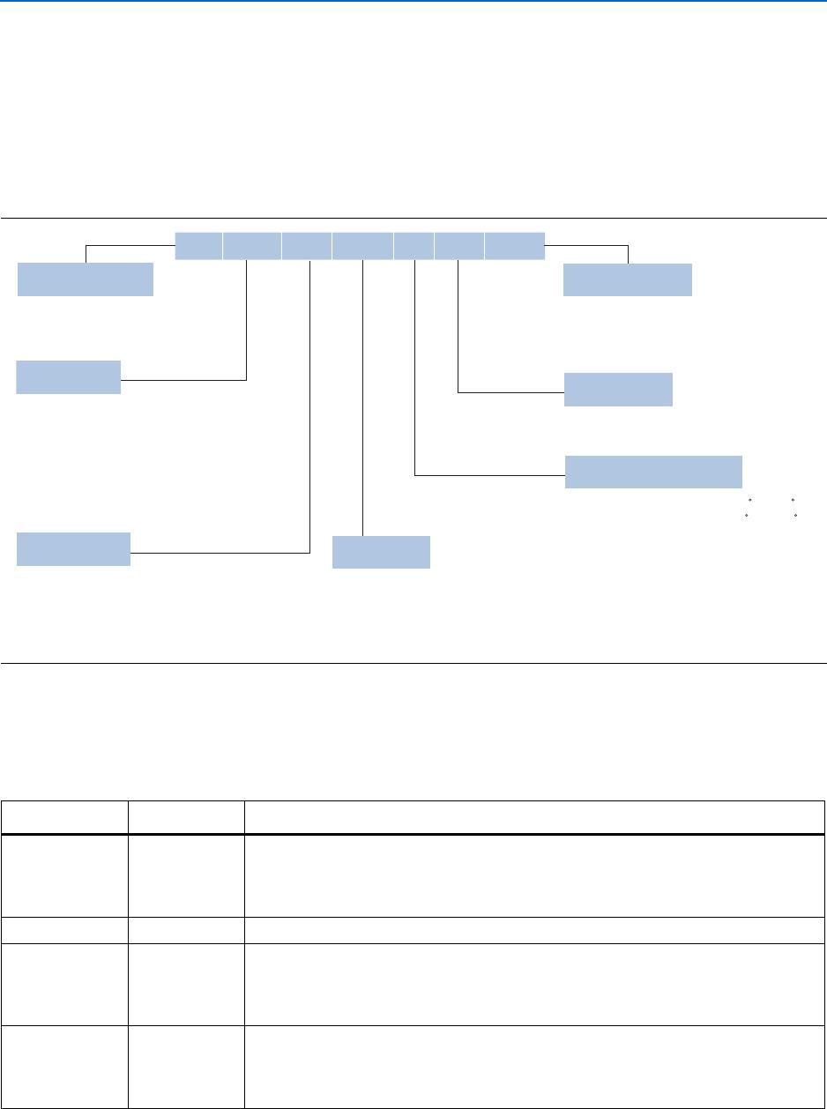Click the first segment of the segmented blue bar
(x=198, y=246)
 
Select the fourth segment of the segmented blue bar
(x=362, y=246)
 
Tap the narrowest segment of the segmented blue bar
(x=413, y=246)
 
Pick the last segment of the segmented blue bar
(x=515, y=246)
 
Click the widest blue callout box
(x=653, y=472)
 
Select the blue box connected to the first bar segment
(x=86, y=279)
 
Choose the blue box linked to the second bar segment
(x=69, y=377)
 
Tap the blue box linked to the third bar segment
(x=74, y=549)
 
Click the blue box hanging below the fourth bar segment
(x=381, y=552)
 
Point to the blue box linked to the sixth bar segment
(x=618, y=390)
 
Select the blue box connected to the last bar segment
(x=628, y=279)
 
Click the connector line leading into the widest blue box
(x=489, y=477)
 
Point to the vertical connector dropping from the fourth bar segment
(x=363, y=397)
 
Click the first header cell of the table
(x=64, y=817)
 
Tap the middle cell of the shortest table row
(x=185, y=931)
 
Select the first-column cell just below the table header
(x=64, y=875)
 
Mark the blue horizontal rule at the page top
(x=413, y=2)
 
